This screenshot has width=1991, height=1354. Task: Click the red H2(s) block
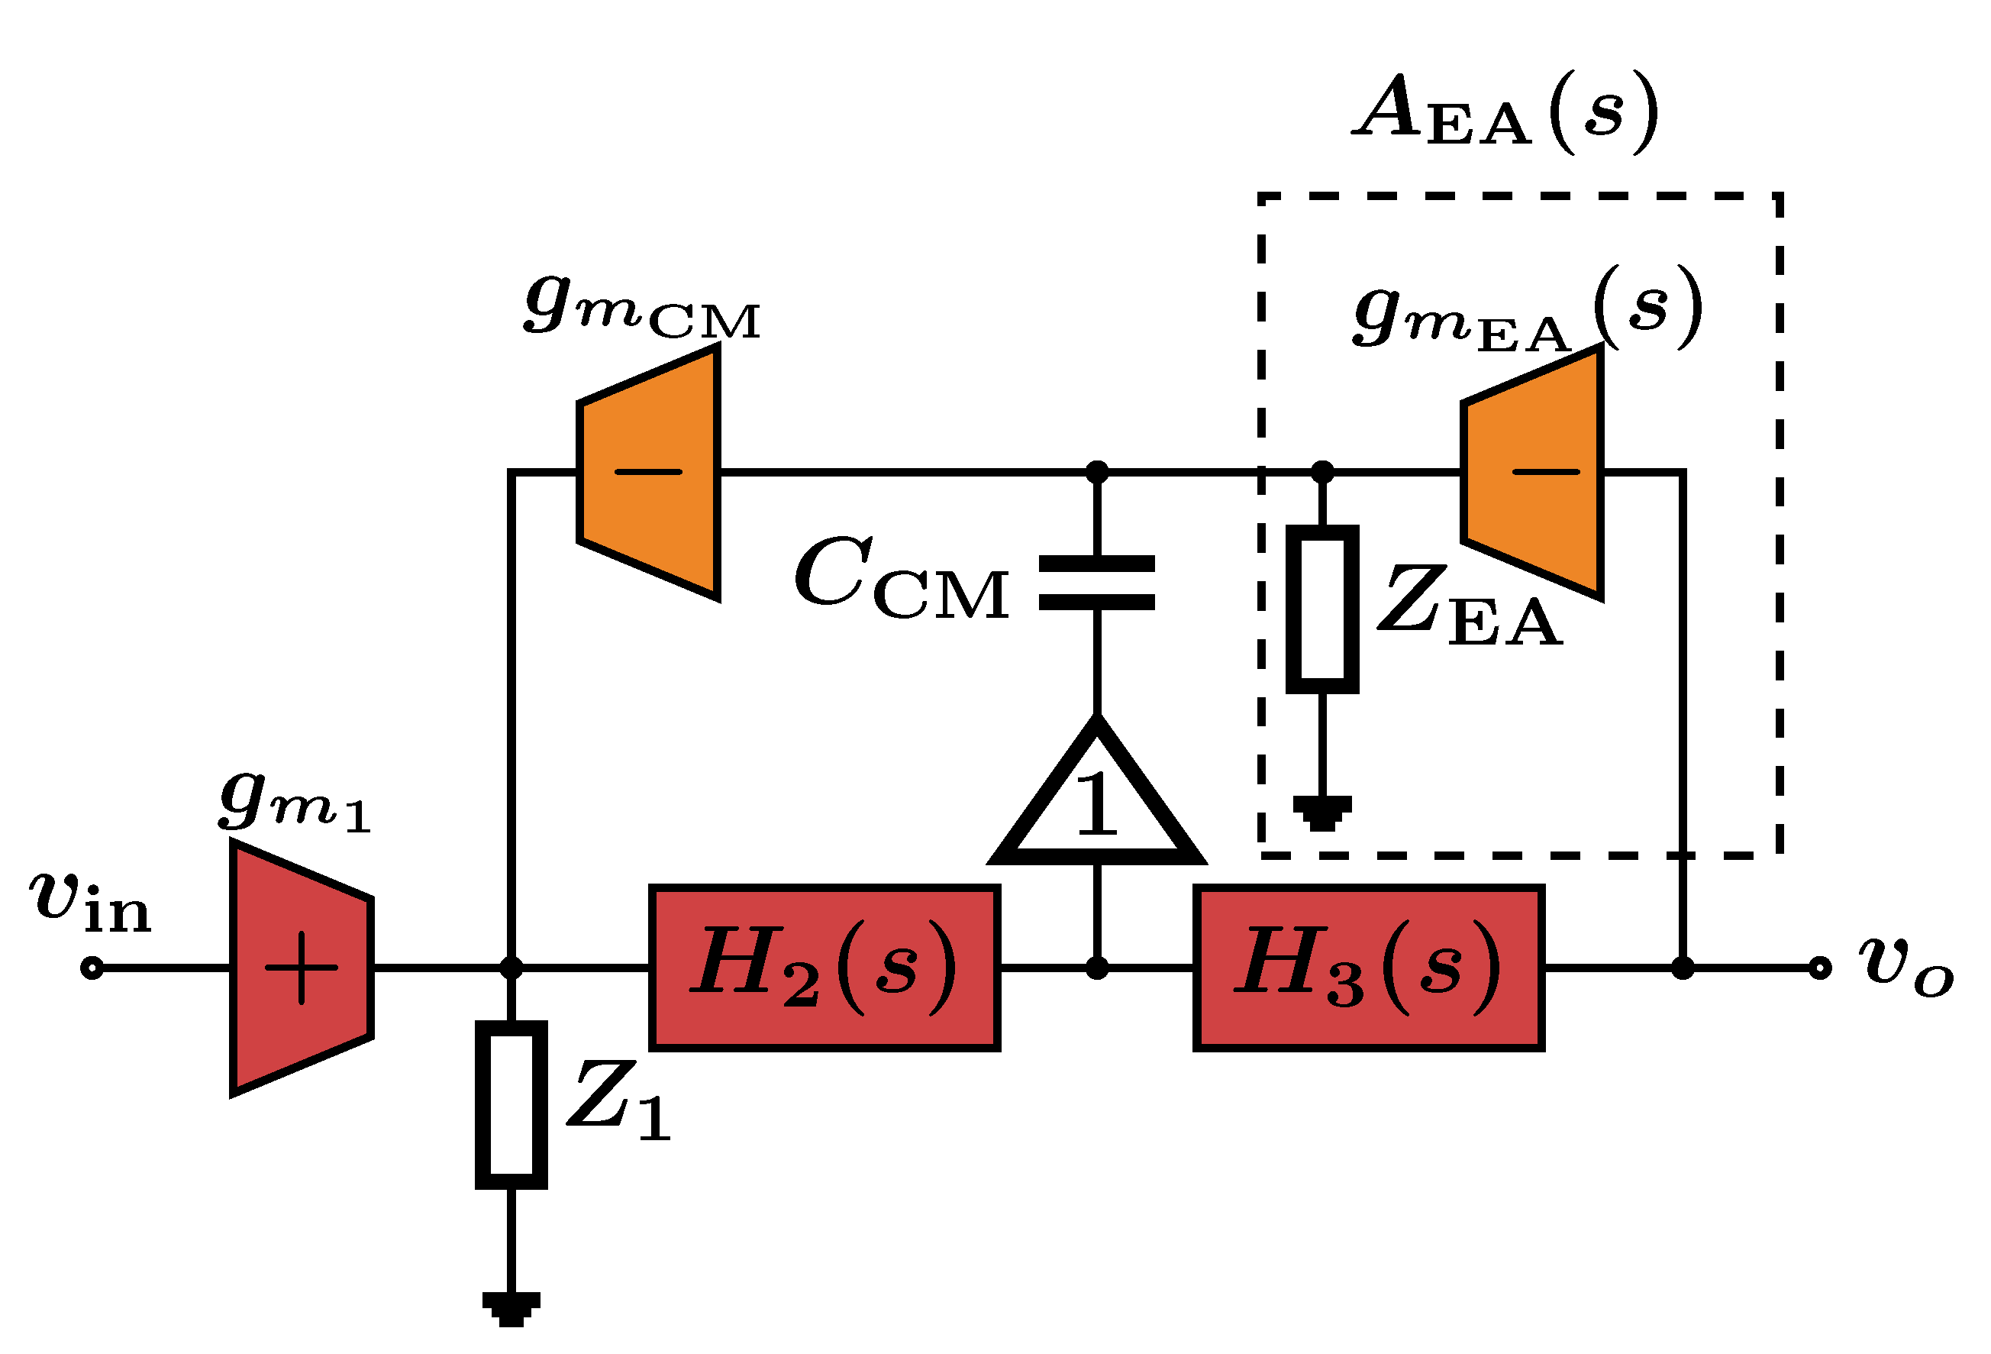pyautogui.click(x=824, y=968)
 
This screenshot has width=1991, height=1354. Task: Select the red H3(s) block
pyautogui.click(x=1368, y=968)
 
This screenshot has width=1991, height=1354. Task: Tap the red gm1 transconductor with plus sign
pyautogui.click(x=301, y=968)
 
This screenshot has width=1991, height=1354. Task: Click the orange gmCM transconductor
pyautogui.click(x=650, y=472)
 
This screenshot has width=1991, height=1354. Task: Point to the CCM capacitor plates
pyautogui.click(x=1096, y=582)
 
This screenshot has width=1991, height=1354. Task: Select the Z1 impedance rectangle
pyautogui.click(x=511, y=1104)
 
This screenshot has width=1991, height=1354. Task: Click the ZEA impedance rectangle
pyautogui.click(x=1323, y=609)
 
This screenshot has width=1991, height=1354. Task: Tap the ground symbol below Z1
pyautogui.click(x=511, y=1309)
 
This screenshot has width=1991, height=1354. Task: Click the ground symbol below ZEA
pyautogui.click(x=1323, y=812)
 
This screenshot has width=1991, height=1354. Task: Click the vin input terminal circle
pyautogui.click(x=92, y=968)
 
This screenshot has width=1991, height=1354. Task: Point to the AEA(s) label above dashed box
pyautogui.click(x=1505, y=111)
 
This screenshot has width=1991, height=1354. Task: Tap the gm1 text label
pyautogui.click(x=294, y=801)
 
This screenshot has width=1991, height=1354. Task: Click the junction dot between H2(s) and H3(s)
pyautogui.click(x=1096, y=968)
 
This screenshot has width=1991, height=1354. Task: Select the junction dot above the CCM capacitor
pyautogui.click(x=1096, y=472)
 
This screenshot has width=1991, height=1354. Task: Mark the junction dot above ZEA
pyautogui.click(x=1323, y=472)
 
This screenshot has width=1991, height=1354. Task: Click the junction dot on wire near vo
pyautogui.click(x=1683, y=968)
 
